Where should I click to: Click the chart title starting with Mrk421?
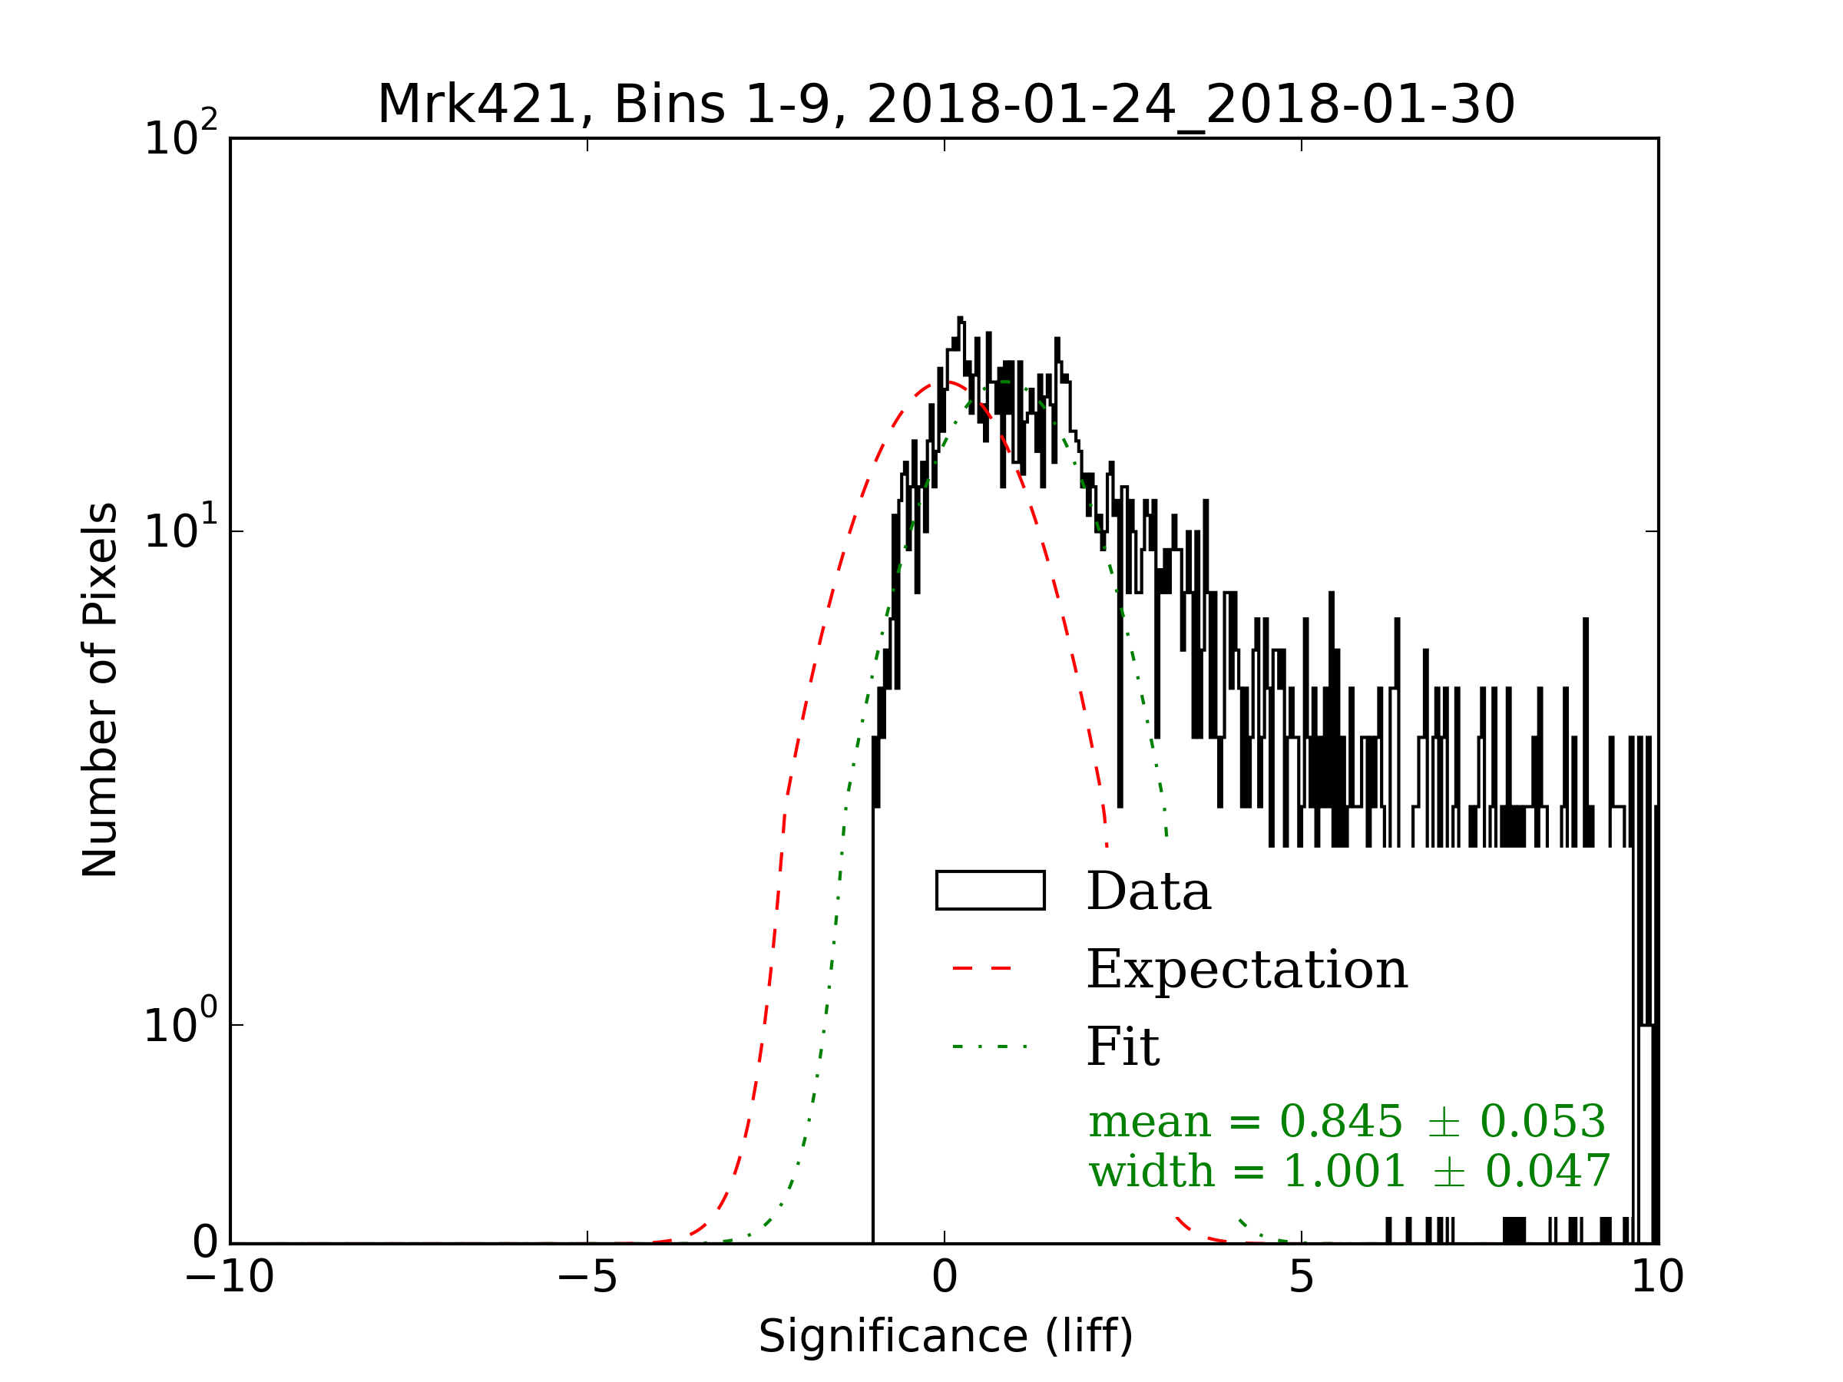coord(945,105)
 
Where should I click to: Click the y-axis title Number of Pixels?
coord(100,689)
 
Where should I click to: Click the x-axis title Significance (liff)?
coord(945,1336)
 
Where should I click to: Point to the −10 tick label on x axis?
coord(230,1276)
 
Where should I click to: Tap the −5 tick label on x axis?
coord(587,1276)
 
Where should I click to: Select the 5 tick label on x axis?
coord(1302,1276)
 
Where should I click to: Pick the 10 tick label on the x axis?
coord(1657,1276)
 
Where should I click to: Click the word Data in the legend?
coord(1149,891)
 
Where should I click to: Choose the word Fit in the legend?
coord(1123,1046)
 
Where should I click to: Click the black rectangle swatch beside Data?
coord(990,891)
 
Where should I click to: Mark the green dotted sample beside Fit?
coord(990,1046)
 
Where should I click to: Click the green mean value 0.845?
coord(1342,1121)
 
